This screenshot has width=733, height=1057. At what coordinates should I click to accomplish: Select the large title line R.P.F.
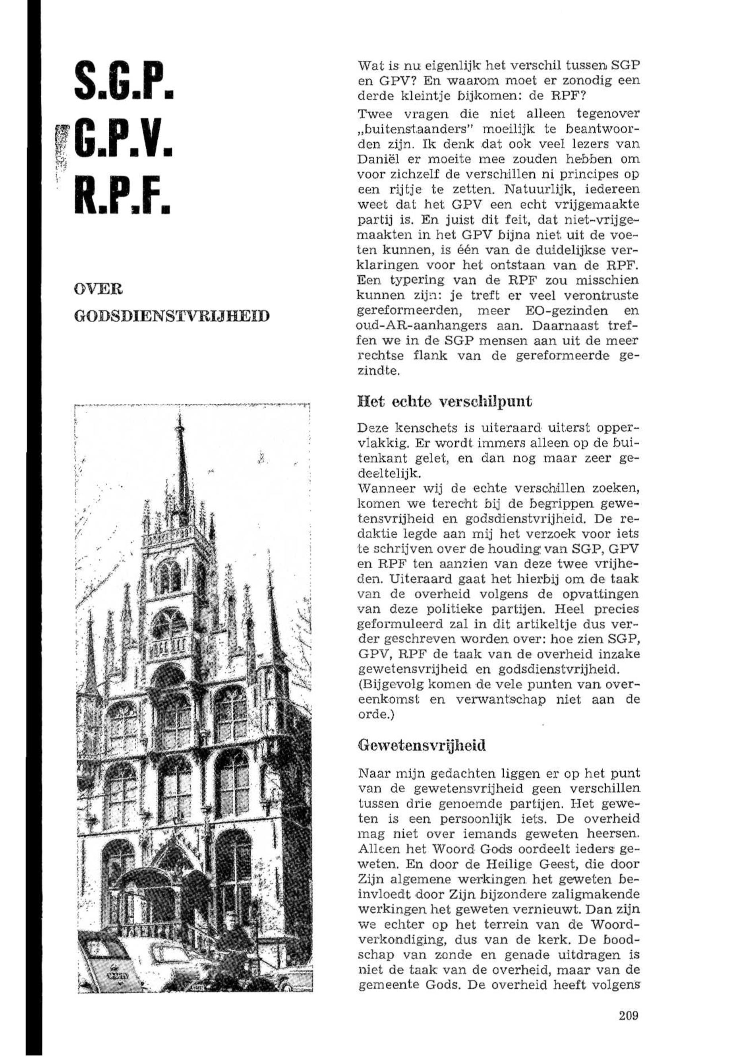point(124,194)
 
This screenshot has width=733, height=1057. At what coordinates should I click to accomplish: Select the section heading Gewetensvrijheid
point(421,745)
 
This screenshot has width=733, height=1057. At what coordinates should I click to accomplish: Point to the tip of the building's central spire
point(180,416)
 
